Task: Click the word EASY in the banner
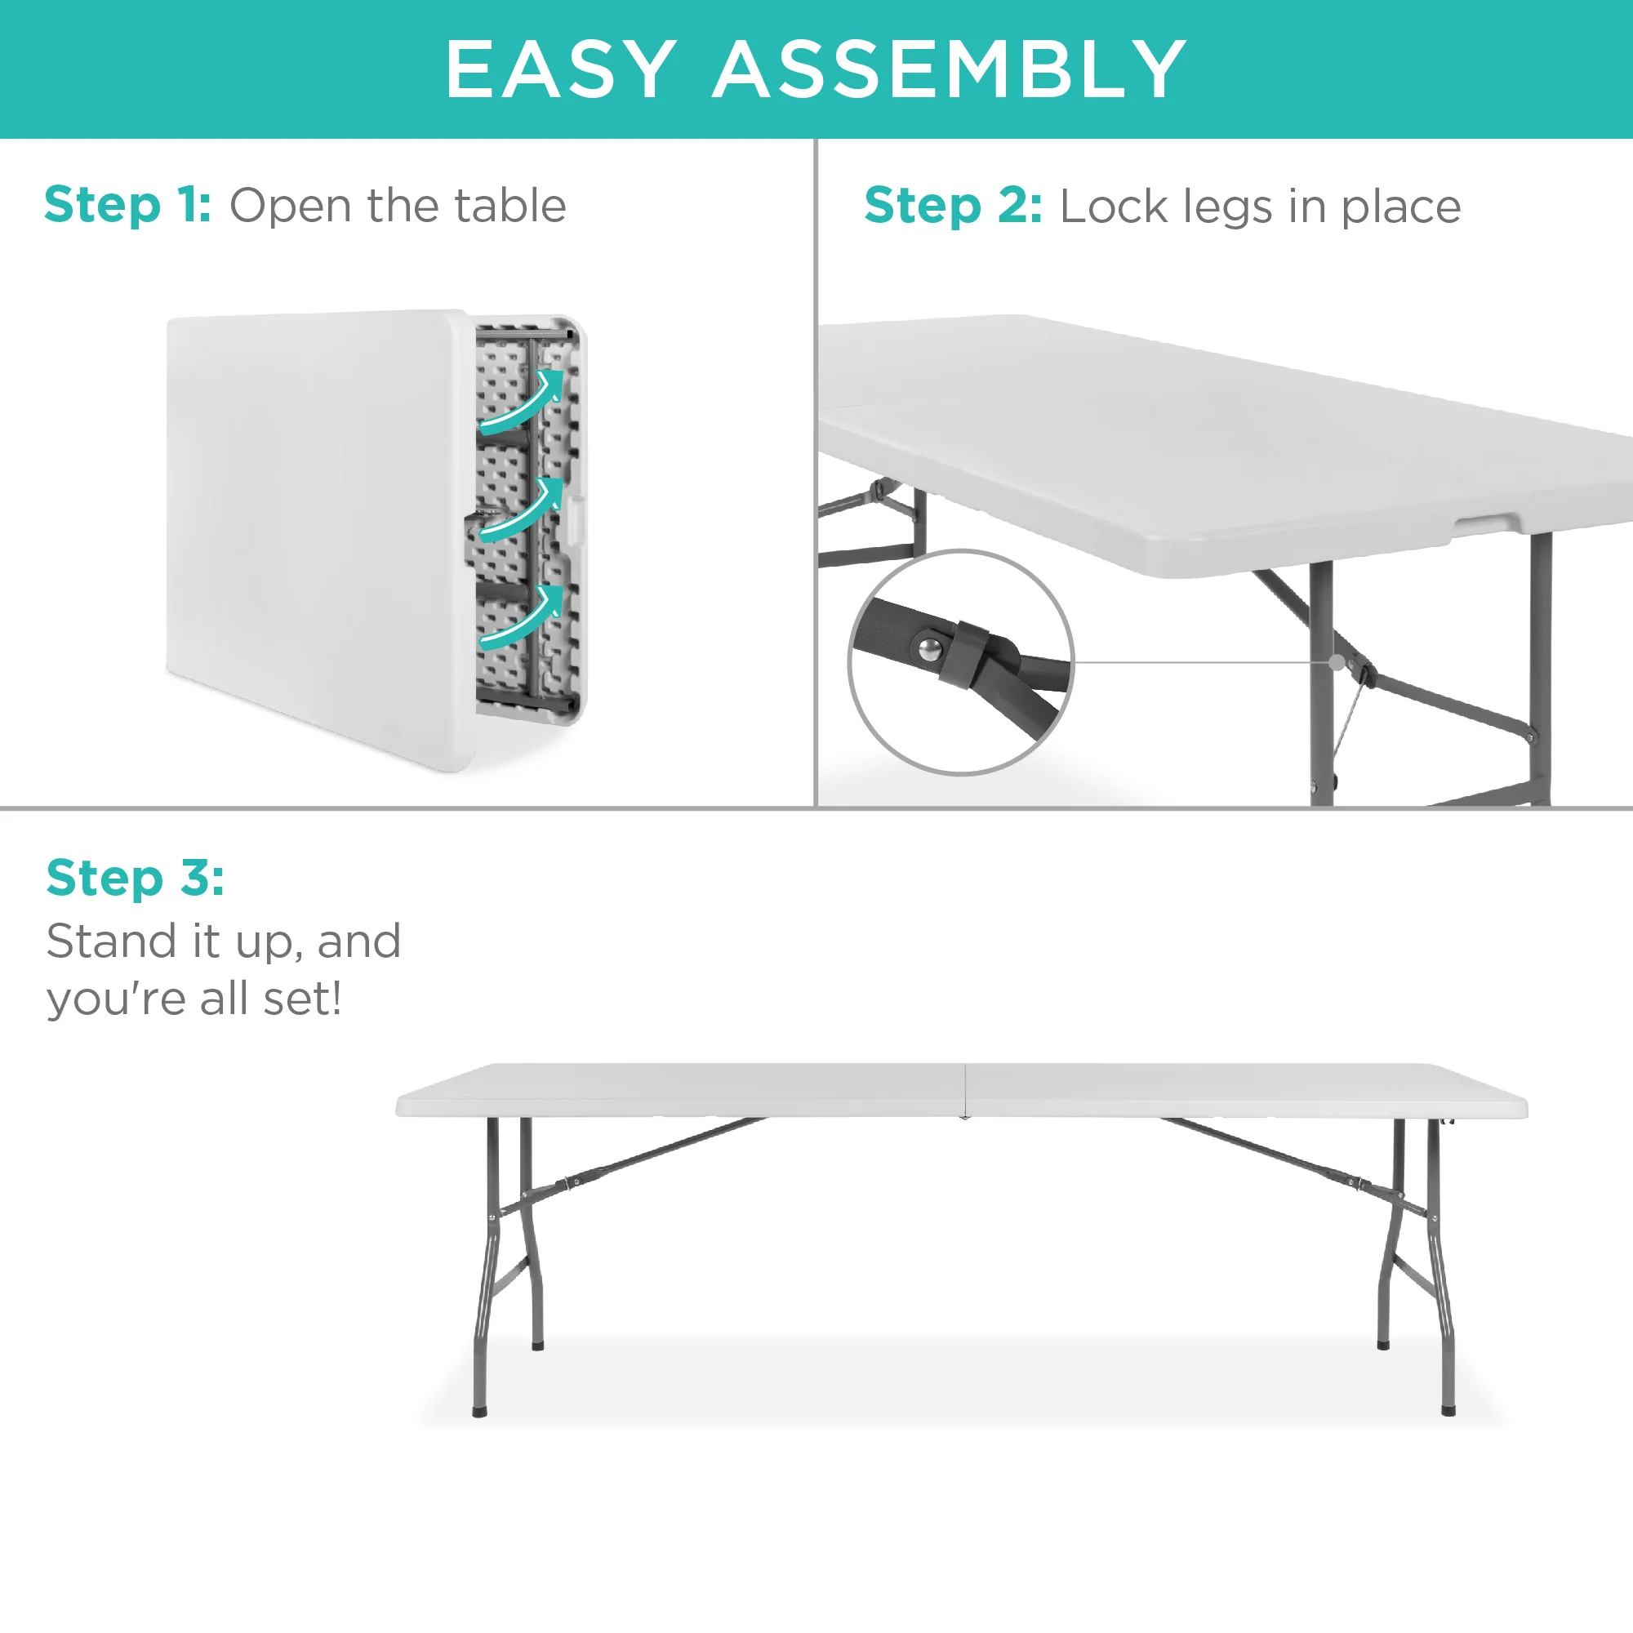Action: pyautogui.click(x=560, y=69)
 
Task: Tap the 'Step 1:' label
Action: pyautogui.click(x=127, y=206)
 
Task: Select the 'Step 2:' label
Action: pyautogui.click(x=953, y=207)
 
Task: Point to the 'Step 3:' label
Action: pyautogui.click(x=136, y=878)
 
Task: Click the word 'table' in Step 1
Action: pyautogui.click(x=509, y=206)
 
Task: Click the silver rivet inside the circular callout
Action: pyautogui.click(x=930, y=649)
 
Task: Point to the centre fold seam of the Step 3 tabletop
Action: pyautogui.click(x=964, y=1090)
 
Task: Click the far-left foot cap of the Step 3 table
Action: pyautogui.click(x=479, y=1411)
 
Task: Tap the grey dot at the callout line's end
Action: pyautogui.click(x=1337, y=662)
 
